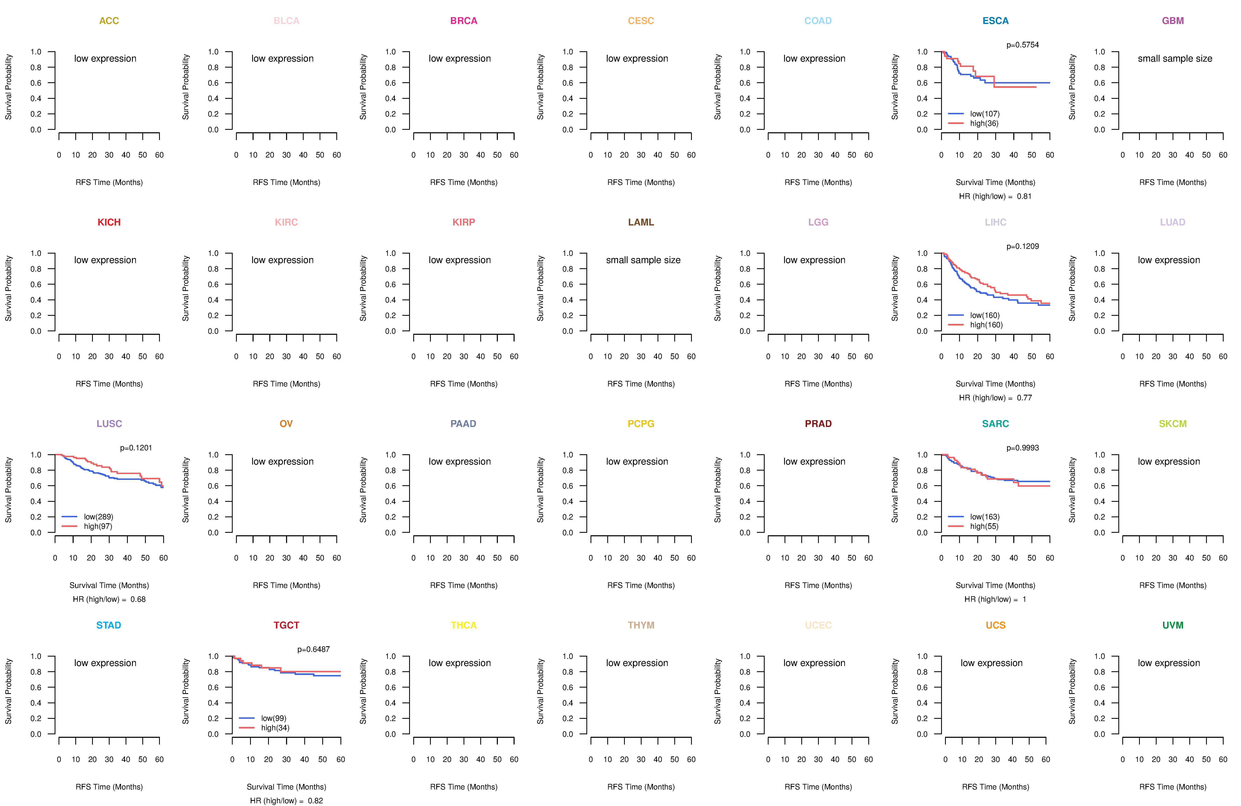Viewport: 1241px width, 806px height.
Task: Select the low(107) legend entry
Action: point(985,114)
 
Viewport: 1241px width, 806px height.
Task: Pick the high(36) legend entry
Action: point(984,123)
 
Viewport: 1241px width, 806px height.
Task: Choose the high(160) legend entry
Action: point(986,325)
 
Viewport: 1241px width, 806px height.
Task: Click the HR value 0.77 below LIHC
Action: point(1024,398)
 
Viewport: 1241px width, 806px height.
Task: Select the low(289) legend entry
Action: point(98,517)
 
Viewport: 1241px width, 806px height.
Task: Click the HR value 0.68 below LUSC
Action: point(138,600)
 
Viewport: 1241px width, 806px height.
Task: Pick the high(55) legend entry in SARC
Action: point(984,527)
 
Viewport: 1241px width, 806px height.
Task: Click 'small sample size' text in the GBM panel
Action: point(1175,59)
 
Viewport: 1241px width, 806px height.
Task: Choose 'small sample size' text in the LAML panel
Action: point(643,261)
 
